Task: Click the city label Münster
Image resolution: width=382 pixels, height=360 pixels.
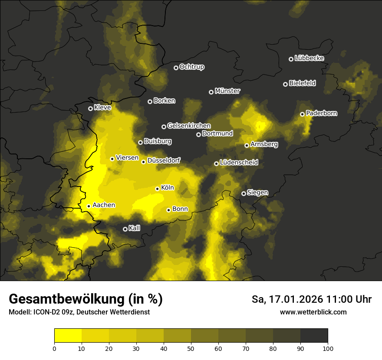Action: [x=227, y=91]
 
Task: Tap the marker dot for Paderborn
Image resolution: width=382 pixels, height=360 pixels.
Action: [x=302, y=114]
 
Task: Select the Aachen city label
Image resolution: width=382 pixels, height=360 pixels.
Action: [x=104, y=205]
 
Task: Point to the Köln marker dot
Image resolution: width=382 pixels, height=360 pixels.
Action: [x=157, y=189]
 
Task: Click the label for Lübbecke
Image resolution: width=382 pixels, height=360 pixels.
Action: [x=309, y=58]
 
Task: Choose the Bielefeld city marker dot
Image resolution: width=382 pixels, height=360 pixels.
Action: [x=285, y=84]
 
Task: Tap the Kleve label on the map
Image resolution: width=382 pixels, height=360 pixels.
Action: [x=102, y=108]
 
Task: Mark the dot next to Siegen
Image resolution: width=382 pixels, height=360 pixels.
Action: [x=244, y=193]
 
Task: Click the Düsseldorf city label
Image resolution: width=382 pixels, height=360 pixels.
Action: [x=164, y=161]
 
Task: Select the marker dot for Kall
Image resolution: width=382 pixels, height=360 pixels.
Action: [x=125, y=229]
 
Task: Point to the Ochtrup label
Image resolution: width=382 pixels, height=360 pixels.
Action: [x=192, y=67]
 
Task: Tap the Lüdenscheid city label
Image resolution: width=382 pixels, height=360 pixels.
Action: [x=239, y=163]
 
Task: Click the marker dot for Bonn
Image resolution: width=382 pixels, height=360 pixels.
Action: [x=168, y=210]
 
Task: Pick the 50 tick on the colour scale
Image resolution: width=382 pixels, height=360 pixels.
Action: [x=191, y=348]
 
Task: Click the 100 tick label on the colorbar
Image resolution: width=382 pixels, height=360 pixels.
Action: [x=328, y=348]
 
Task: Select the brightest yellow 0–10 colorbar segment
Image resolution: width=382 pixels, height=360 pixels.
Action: [x=68, y=335]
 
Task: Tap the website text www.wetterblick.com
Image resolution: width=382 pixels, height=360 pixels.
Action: [x=313, y=312]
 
